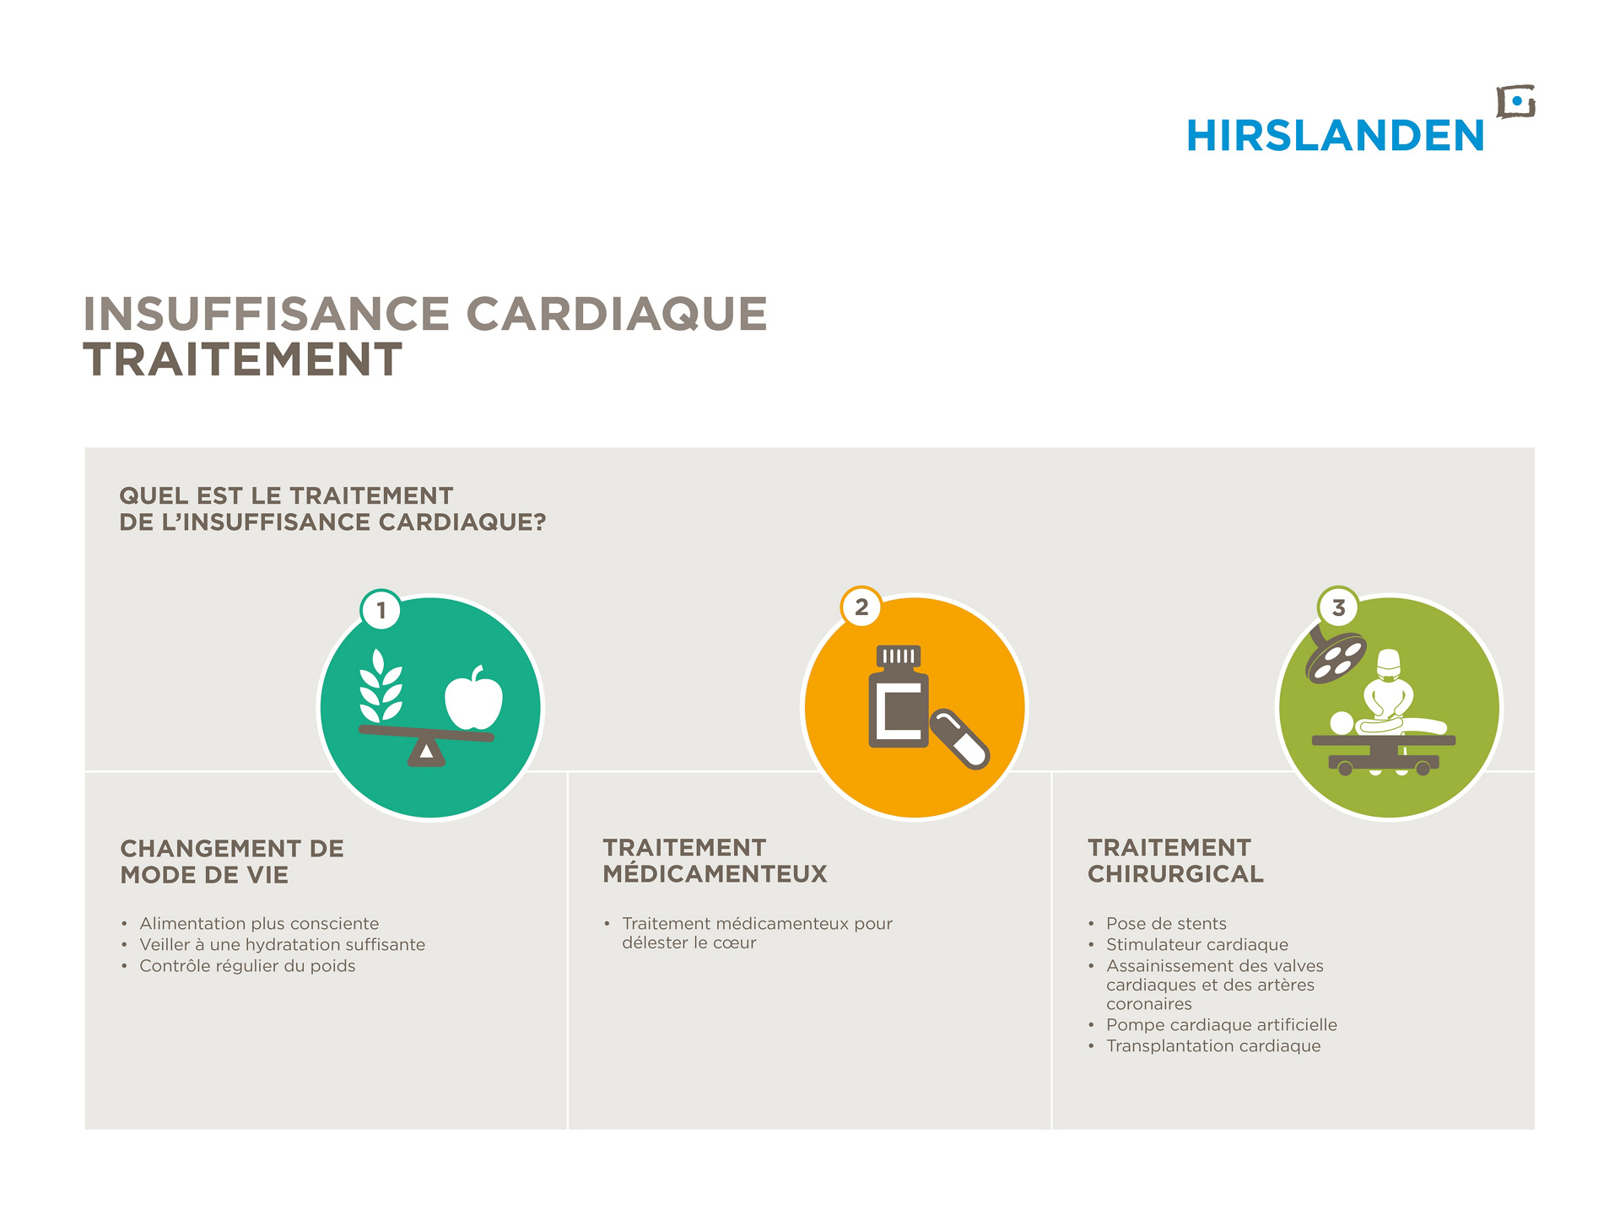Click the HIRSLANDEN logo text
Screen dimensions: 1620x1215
pos(1335,136)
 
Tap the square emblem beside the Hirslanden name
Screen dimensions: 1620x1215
pos(1515,102)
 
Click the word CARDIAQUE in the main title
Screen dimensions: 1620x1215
pos(617,314)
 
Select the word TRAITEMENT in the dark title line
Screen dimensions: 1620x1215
pos(243,359)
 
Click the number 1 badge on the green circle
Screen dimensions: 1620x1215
pos(381,609)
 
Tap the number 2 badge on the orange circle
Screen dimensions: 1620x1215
pos(861,607)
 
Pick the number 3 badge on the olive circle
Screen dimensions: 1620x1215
pos(1338,607)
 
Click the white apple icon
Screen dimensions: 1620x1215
pos(473,698)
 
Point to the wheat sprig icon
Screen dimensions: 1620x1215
pos(381,686)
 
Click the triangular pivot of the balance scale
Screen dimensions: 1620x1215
pos(426,750)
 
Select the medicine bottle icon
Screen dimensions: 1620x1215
pos(899,697)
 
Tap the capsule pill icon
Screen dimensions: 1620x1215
pos(959,739)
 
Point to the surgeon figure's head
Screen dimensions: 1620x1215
pos(1388,665)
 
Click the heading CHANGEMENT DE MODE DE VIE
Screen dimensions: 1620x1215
pos(232,861)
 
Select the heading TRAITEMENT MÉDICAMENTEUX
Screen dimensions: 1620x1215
pos(715,861)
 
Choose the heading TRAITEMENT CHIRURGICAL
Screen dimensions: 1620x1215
pos(1175,861)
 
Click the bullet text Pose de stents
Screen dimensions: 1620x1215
pos(1166,924)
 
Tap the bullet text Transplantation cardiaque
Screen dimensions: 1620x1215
pos(1213,1046)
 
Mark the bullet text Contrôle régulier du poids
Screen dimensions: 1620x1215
pos(247,966)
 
